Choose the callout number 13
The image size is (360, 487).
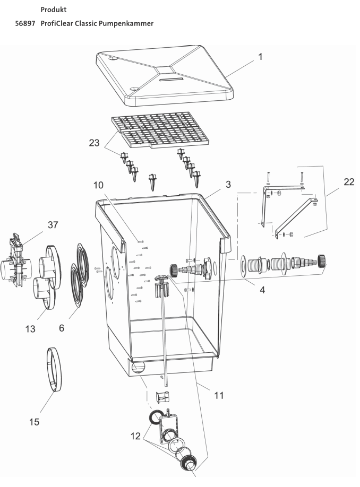click(x=30, y=329)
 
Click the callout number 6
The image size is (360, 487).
click(x=62, y=328)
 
